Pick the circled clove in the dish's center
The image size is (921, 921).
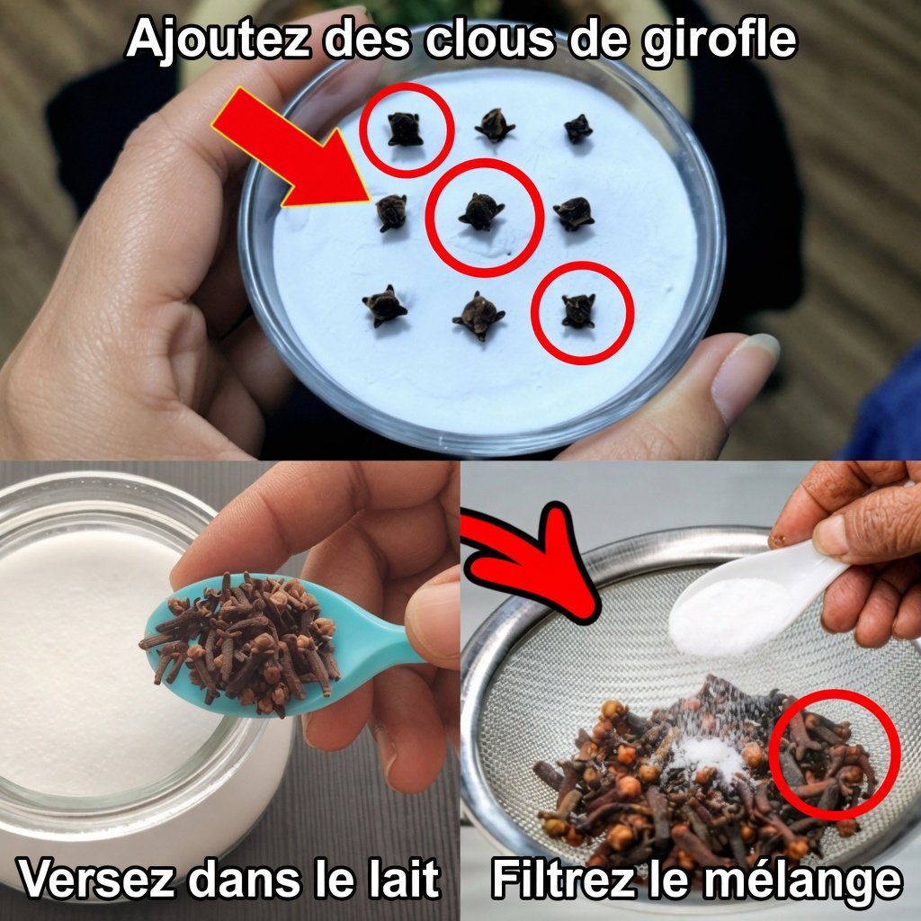pyautogui.click(x=482, y=210)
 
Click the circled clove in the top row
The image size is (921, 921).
pyautogui.click(x=405, y=130)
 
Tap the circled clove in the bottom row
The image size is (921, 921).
pyautogui.click(x=578, y=310)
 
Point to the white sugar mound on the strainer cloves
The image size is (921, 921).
pyautogui.click(x=708, y=755)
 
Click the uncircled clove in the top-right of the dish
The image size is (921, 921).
pyautogui.click(x=578, y=129)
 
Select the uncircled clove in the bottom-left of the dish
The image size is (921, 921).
pyautogui.click(x=384, y=306)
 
